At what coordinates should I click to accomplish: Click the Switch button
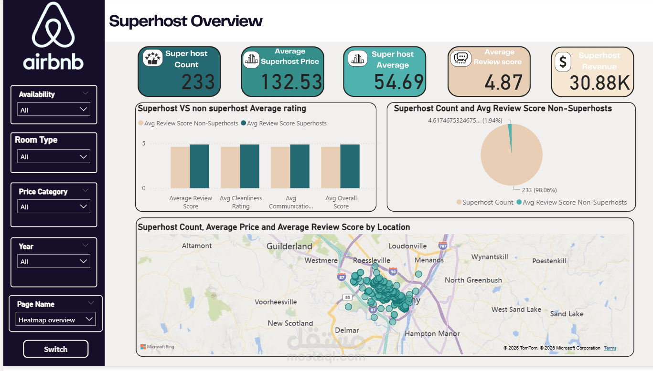[x=55, y=349]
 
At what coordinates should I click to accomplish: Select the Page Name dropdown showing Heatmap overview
[x=55, y=319]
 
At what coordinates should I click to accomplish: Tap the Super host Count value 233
[x=198, y=82]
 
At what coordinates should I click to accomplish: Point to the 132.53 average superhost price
[x=291, y=82]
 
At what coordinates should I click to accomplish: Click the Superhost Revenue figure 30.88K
[x=600, y=83]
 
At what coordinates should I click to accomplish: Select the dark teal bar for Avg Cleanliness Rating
[x=249, y=166]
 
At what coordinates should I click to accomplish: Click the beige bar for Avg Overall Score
[x=331, y=167]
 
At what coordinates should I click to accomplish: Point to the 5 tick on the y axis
[x=143, y=144]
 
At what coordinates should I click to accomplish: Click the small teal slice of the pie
[x=510, y=138]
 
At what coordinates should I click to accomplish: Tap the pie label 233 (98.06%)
[x=539, y=190]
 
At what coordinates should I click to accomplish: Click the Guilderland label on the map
[x=289, y=247]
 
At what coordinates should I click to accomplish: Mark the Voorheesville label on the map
[x=276, y=302]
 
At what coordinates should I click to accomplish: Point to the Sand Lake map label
[x=567, y=314]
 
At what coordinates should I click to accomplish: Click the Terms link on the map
[x=610, y=348]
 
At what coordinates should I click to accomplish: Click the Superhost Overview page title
[x=186, y=21]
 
